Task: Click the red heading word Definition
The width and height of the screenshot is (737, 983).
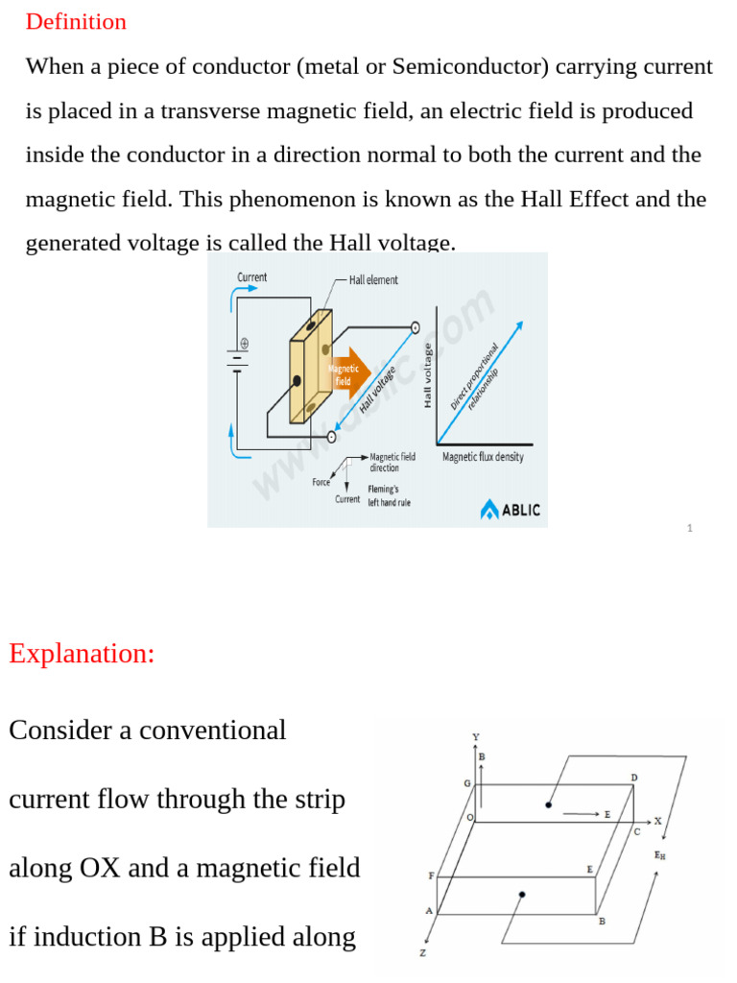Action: pyautogui.click(x=76, y=22)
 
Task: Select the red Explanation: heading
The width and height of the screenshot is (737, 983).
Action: pyautogui.click(x=82, y=654)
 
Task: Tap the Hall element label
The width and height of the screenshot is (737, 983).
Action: pyautogui.click(x=373, y=280)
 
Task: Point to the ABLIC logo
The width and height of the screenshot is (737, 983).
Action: pyautogui.click(x=511, y=509)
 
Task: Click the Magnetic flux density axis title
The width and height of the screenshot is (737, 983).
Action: pyautogui.click(x=483, y=457)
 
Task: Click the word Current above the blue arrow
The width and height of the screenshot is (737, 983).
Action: pyautogui.click(x=252, y=277)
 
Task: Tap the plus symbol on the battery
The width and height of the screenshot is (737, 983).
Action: pyautogui.click(x=244, y=343)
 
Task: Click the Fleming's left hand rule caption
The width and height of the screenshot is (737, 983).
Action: pyautogui.click(x=390, y=495)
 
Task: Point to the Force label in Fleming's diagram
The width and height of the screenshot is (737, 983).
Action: pyautogui.click(x=321, y=482)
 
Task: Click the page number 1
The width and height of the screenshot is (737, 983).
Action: pyautogui.click(x=689, y=528)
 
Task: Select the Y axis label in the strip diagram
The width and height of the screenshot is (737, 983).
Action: pyautogui.click(x=475, y=737)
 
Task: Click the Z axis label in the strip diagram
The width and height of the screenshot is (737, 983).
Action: pyautogui.click(x=422, y=953)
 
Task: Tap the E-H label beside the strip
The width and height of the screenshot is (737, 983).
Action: pyautogui.click(x=660, y=854)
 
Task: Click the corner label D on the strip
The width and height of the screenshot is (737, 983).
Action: pyautogui.click(x=633, y=777)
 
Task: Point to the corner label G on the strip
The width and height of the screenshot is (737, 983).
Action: pyautogui.click(x=467, y=783)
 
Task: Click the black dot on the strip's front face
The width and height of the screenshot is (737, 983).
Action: pyautogui.click(x=521, y=895)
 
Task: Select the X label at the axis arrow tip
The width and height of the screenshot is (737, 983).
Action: pyautogui.click(x=658, y=821)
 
